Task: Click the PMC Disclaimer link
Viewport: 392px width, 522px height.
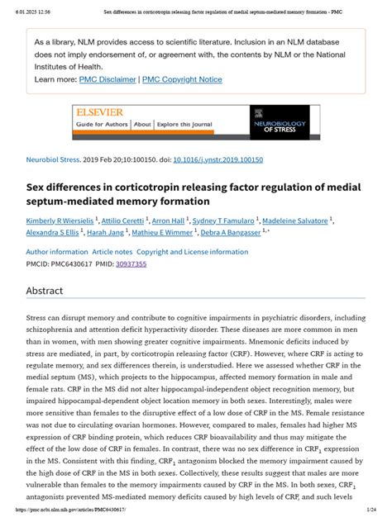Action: pyautogui.click(x=108, y=80)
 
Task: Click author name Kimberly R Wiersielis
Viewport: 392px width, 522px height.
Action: pyautogui.click(x=60, y=221)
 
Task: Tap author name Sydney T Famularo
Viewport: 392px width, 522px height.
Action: pyautogui.click(x=223, y=221)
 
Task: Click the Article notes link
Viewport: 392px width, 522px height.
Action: pyautogui.click(x=112, y=251)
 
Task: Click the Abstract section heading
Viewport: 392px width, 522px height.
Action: pyautogui.click(x=50, y=292)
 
